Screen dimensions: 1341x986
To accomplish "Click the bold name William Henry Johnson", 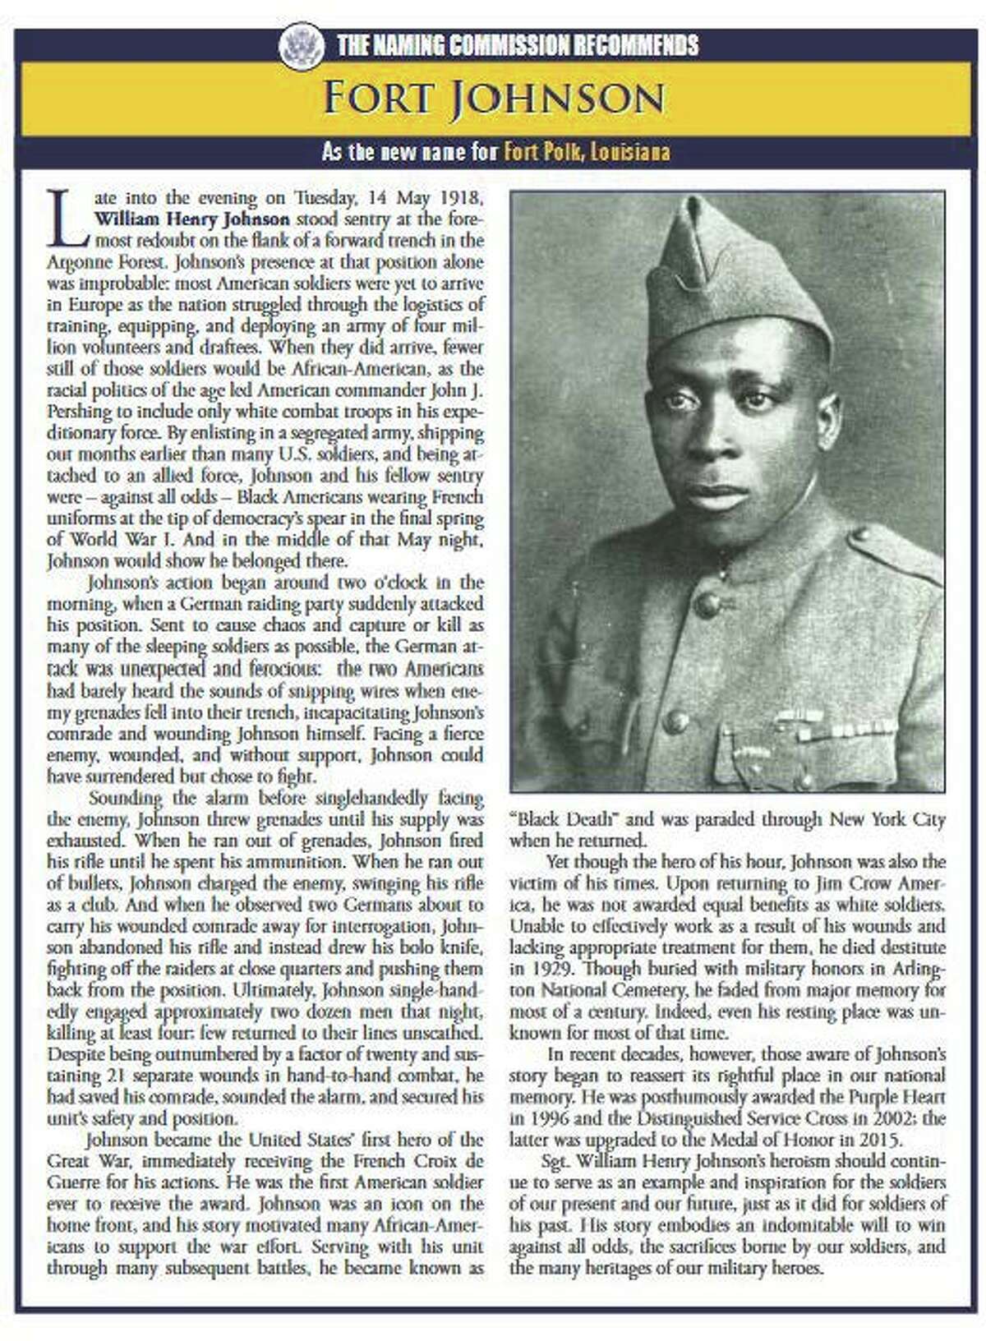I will pos(192,220).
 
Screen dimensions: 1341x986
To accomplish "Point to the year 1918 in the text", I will pos(460,198).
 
